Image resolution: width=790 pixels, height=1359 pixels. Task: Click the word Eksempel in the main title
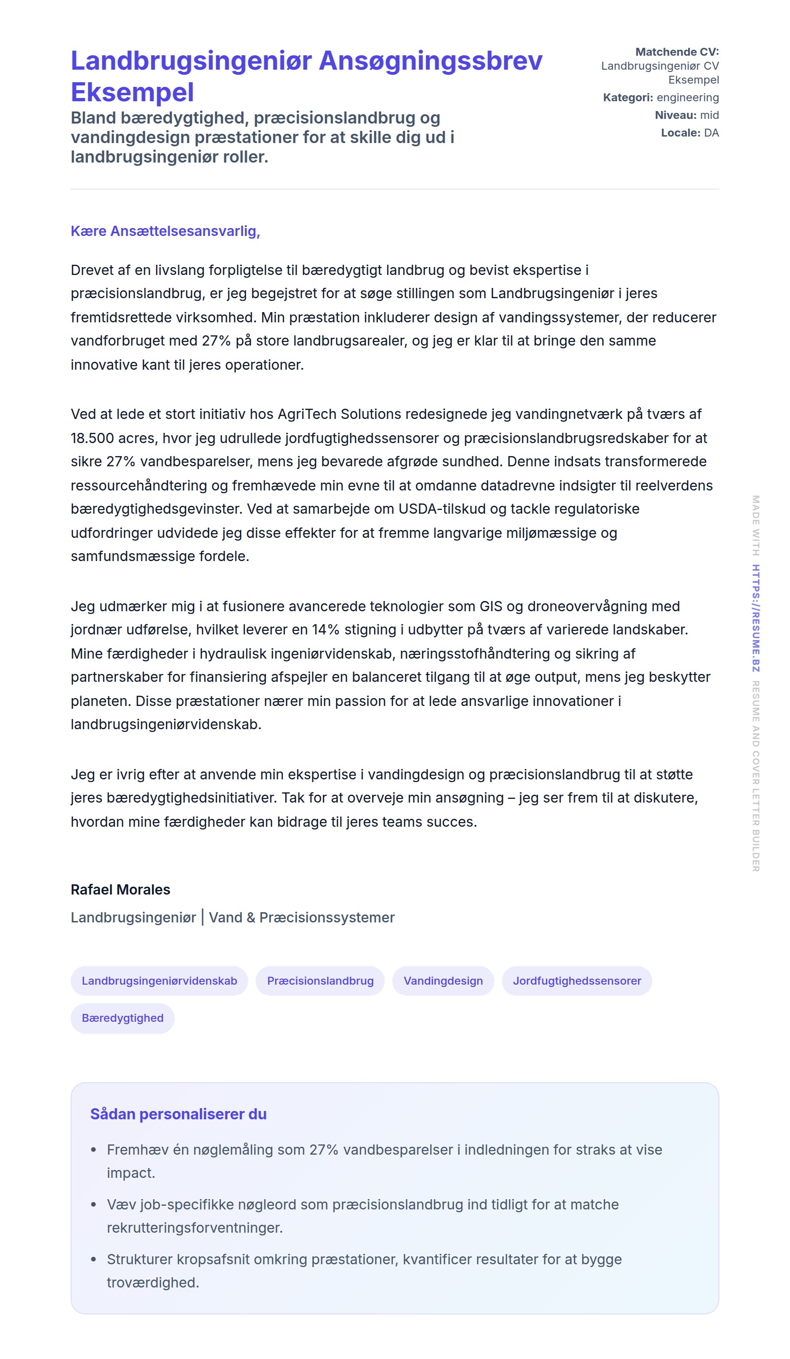click(x=132, y=92)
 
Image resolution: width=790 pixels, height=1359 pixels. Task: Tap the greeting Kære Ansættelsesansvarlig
click(x=165, y=231)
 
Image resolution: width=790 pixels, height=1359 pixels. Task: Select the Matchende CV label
click(x=677, y=52)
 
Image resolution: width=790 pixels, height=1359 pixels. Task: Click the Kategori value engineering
click(x=687, y=98)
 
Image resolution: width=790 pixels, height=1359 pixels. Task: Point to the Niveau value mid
click(x=709, y=115)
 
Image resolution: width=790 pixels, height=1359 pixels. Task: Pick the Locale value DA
click(x=711, y=133)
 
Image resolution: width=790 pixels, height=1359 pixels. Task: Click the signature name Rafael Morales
click(x=120, y=889)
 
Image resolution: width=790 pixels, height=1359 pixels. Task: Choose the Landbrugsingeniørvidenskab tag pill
click(x=159, y=980)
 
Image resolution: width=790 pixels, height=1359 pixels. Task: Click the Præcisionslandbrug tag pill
click(x=320, y=980)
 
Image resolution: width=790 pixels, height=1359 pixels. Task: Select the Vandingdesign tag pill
click(x=443, y=980)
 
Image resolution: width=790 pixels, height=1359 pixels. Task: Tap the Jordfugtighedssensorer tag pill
click(x=577, y=980)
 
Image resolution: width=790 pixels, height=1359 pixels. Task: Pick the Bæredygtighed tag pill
click(x=123, y=1018)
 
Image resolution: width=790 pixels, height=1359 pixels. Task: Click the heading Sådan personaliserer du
click(x=178, y=1114)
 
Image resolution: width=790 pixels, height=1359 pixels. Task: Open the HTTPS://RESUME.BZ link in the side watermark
click(x=756, y=618)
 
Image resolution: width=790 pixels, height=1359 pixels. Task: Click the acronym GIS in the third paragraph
click(x=491, y=606)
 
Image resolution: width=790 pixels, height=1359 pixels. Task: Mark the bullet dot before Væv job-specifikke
click(x=93, y=1204)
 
